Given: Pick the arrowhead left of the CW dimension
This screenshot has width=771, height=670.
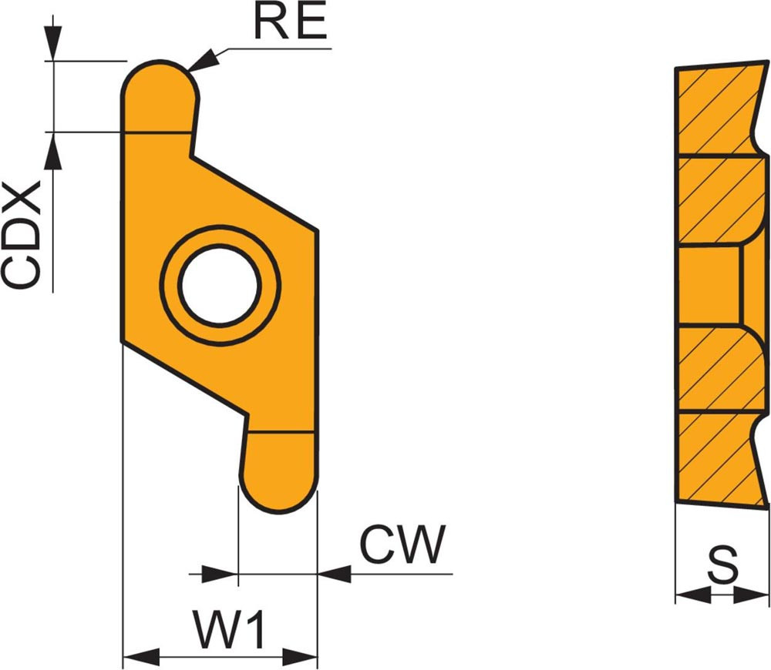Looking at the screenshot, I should [x=220, y=574].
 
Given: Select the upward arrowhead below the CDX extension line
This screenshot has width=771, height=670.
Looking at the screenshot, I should [x=52, y=151].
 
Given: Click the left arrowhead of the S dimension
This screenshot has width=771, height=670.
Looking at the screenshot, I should [x=691, y=595].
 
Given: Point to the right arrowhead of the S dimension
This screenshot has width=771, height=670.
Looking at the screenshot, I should [x=752, y=595].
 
